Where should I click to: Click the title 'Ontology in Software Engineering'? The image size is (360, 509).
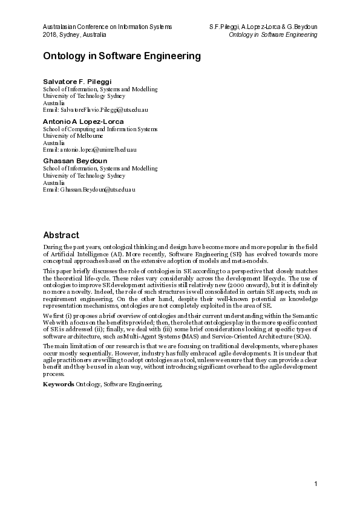click(x=122, y=56)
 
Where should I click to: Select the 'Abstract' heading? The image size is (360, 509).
click(x=61, y=235)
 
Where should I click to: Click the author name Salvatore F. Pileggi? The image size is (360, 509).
click(x=77, y=81)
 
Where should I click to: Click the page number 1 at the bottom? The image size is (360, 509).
click(x=315, y=484)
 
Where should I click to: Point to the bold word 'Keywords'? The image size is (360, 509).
click(x=58, y=384)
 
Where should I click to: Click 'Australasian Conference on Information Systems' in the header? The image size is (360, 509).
click(x=108, y=27)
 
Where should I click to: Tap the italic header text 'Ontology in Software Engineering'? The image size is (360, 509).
click(x=273, y=35)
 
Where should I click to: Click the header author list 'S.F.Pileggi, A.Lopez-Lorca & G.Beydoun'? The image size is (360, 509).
click(x=263, y=27)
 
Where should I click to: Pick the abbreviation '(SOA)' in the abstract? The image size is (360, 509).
click(x=276, y=336)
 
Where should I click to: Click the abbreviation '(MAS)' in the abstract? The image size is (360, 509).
click(x=165, y=336)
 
